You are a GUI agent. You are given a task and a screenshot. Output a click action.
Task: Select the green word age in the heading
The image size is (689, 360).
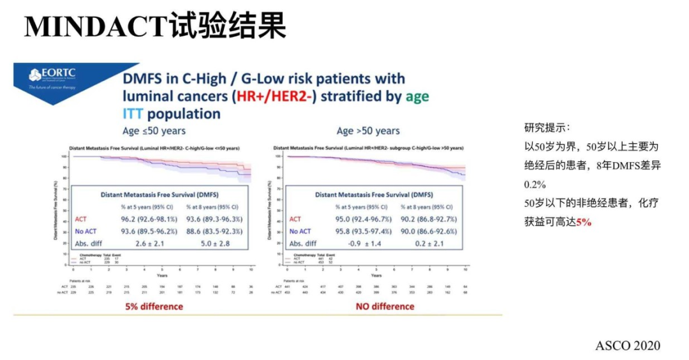click(x=417, y=96)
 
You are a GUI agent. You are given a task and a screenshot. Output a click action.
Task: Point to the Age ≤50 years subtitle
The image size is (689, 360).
click(x=155, y=131)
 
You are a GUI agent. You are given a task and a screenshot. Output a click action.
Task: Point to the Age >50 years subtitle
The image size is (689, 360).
click(x=368, y=131)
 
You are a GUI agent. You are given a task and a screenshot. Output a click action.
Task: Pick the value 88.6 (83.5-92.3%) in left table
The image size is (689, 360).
click(x=214, y=231)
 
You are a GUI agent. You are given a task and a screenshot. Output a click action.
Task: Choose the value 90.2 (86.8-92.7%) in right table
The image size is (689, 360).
click(x=428, y=219)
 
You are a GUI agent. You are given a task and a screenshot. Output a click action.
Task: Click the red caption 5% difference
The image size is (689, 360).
click(x=154, y=306)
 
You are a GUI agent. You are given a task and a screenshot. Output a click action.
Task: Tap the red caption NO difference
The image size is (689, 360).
click(x=385, y=306)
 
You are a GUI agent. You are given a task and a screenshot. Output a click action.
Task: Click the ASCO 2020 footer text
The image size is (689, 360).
click(x=628, y=345)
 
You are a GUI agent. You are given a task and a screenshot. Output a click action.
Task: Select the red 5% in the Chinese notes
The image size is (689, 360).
click(x=583, y=221)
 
